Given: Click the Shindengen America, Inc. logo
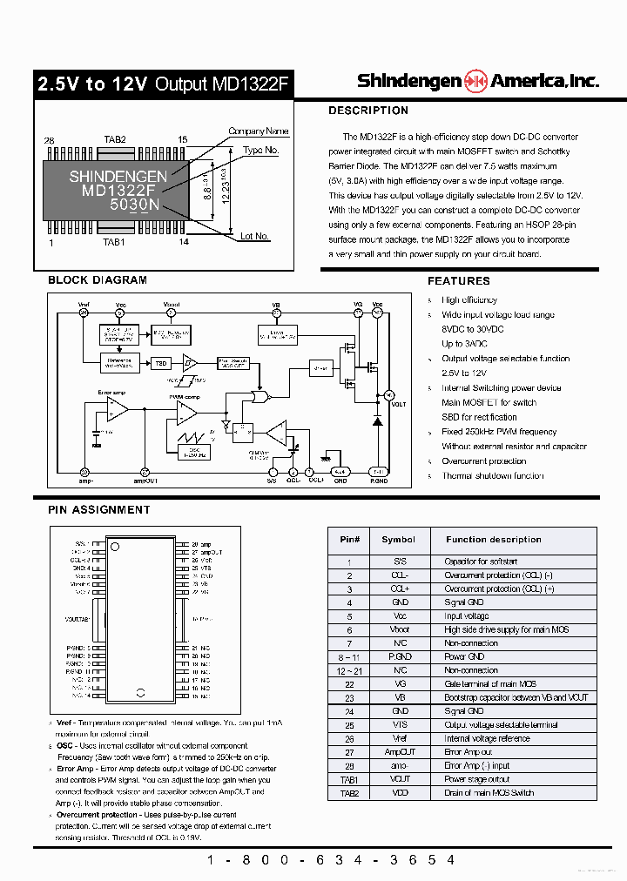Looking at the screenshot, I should (477, 81).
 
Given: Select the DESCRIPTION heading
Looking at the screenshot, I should (367, 111).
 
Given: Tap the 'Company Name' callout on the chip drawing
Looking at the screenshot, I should (258, 131).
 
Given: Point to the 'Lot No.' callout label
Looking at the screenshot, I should (254, 236).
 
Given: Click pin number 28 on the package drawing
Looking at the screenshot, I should (49, 140).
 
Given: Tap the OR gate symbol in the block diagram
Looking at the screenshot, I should (259, 397).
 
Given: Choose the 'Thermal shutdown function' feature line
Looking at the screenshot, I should (492, 476).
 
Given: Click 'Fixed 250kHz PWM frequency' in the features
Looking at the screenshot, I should (498, 432).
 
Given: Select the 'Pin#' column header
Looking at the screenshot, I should (349, 540).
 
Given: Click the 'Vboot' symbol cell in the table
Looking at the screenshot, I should (399, 629).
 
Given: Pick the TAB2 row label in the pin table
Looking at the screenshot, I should (349, 793).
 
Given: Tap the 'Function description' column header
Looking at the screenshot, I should (493, 540).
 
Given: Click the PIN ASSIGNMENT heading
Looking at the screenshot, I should (98, 510).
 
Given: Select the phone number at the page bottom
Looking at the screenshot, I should (330, 859).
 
